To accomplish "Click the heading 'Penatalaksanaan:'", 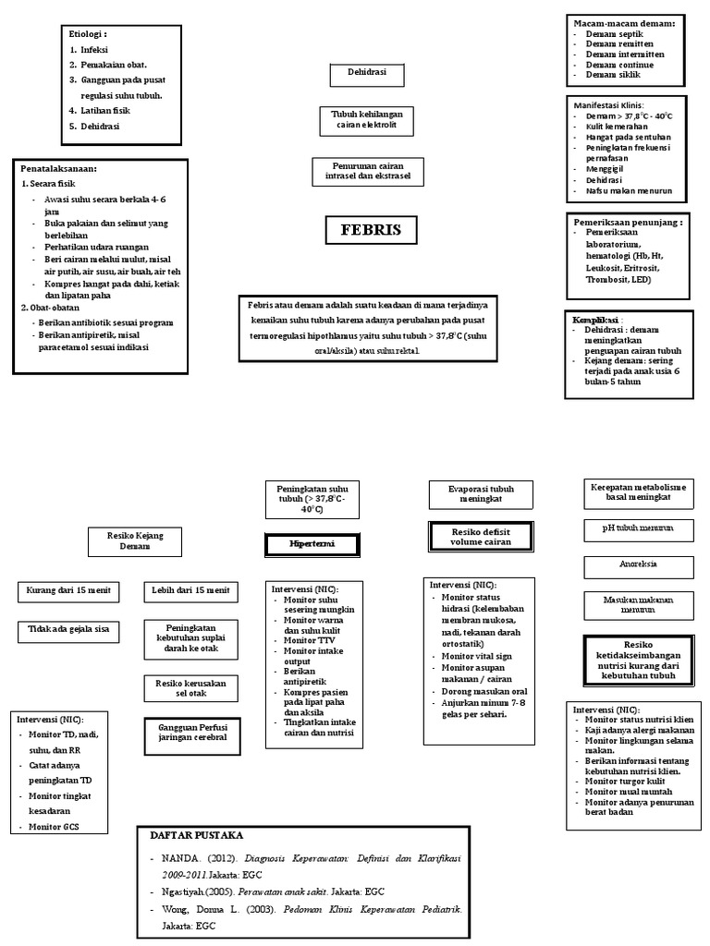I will [59, 169].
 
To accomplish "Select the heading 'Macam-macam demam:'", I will [624, 22].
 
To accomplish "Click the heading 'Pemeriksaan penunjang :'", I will [628, 223].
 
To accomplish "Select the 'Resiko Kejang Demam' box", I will [135, 540].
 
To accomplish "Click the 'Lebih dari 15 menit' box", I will [190, 590].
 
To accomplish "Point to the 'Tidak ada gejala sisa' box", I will [68, 631].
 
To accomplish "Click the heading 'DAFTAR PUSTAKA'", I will [202, 834].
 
